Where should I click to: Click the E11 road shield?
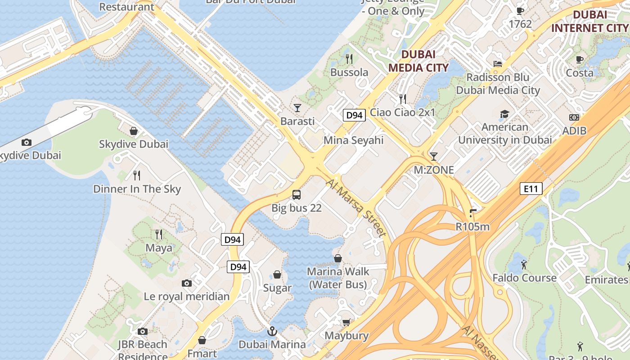(531, 189)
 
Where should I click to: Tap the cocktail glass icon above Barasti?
(297, 108)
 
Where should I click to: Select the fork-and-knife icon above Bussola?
(349, 58)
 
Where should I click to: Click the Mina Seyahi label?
(354, 140)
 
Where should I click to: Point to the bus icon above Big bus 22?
(297, 195)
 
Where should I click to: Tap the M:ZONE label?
(434, 170)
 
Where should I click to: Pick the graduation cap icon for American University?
(504, 114)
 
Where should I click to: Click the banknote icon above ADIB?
(574, 117)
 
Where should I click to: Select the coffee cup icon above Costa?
(580, 59)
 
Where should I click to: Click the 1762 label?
(520, 24)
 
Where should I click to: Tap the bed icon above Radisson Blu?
(498, 64)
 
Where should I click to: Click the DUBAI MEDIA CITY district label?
(418, 61)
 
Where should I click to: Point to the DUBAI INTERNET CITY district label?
(590, 21)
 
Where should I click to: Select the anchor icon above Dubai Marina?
(272, 332)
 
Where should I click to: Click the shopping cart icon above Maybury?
(346, 322)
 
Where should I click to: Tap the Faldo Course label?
(524, 278)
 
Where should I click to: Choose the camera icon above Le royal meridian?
(187, 283)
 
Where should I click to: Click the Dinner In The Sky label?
(137, 189)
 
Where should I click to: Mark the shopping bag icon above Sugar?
(277, 274)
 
